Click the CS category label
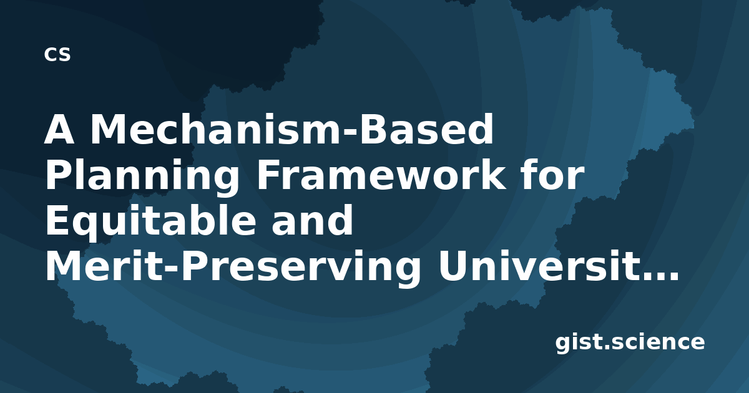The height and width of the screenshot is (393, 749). [x=57, y=54]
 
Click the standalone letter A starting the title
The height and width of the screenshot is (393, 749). [x=59, y=129]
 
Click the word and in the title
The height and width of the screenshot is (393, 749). [x=312, y=220]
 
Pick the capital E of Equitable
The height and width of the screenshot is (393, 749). [x=57, y=220]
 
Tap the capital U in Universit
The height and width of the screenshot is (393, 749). [x=453, y=266]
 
